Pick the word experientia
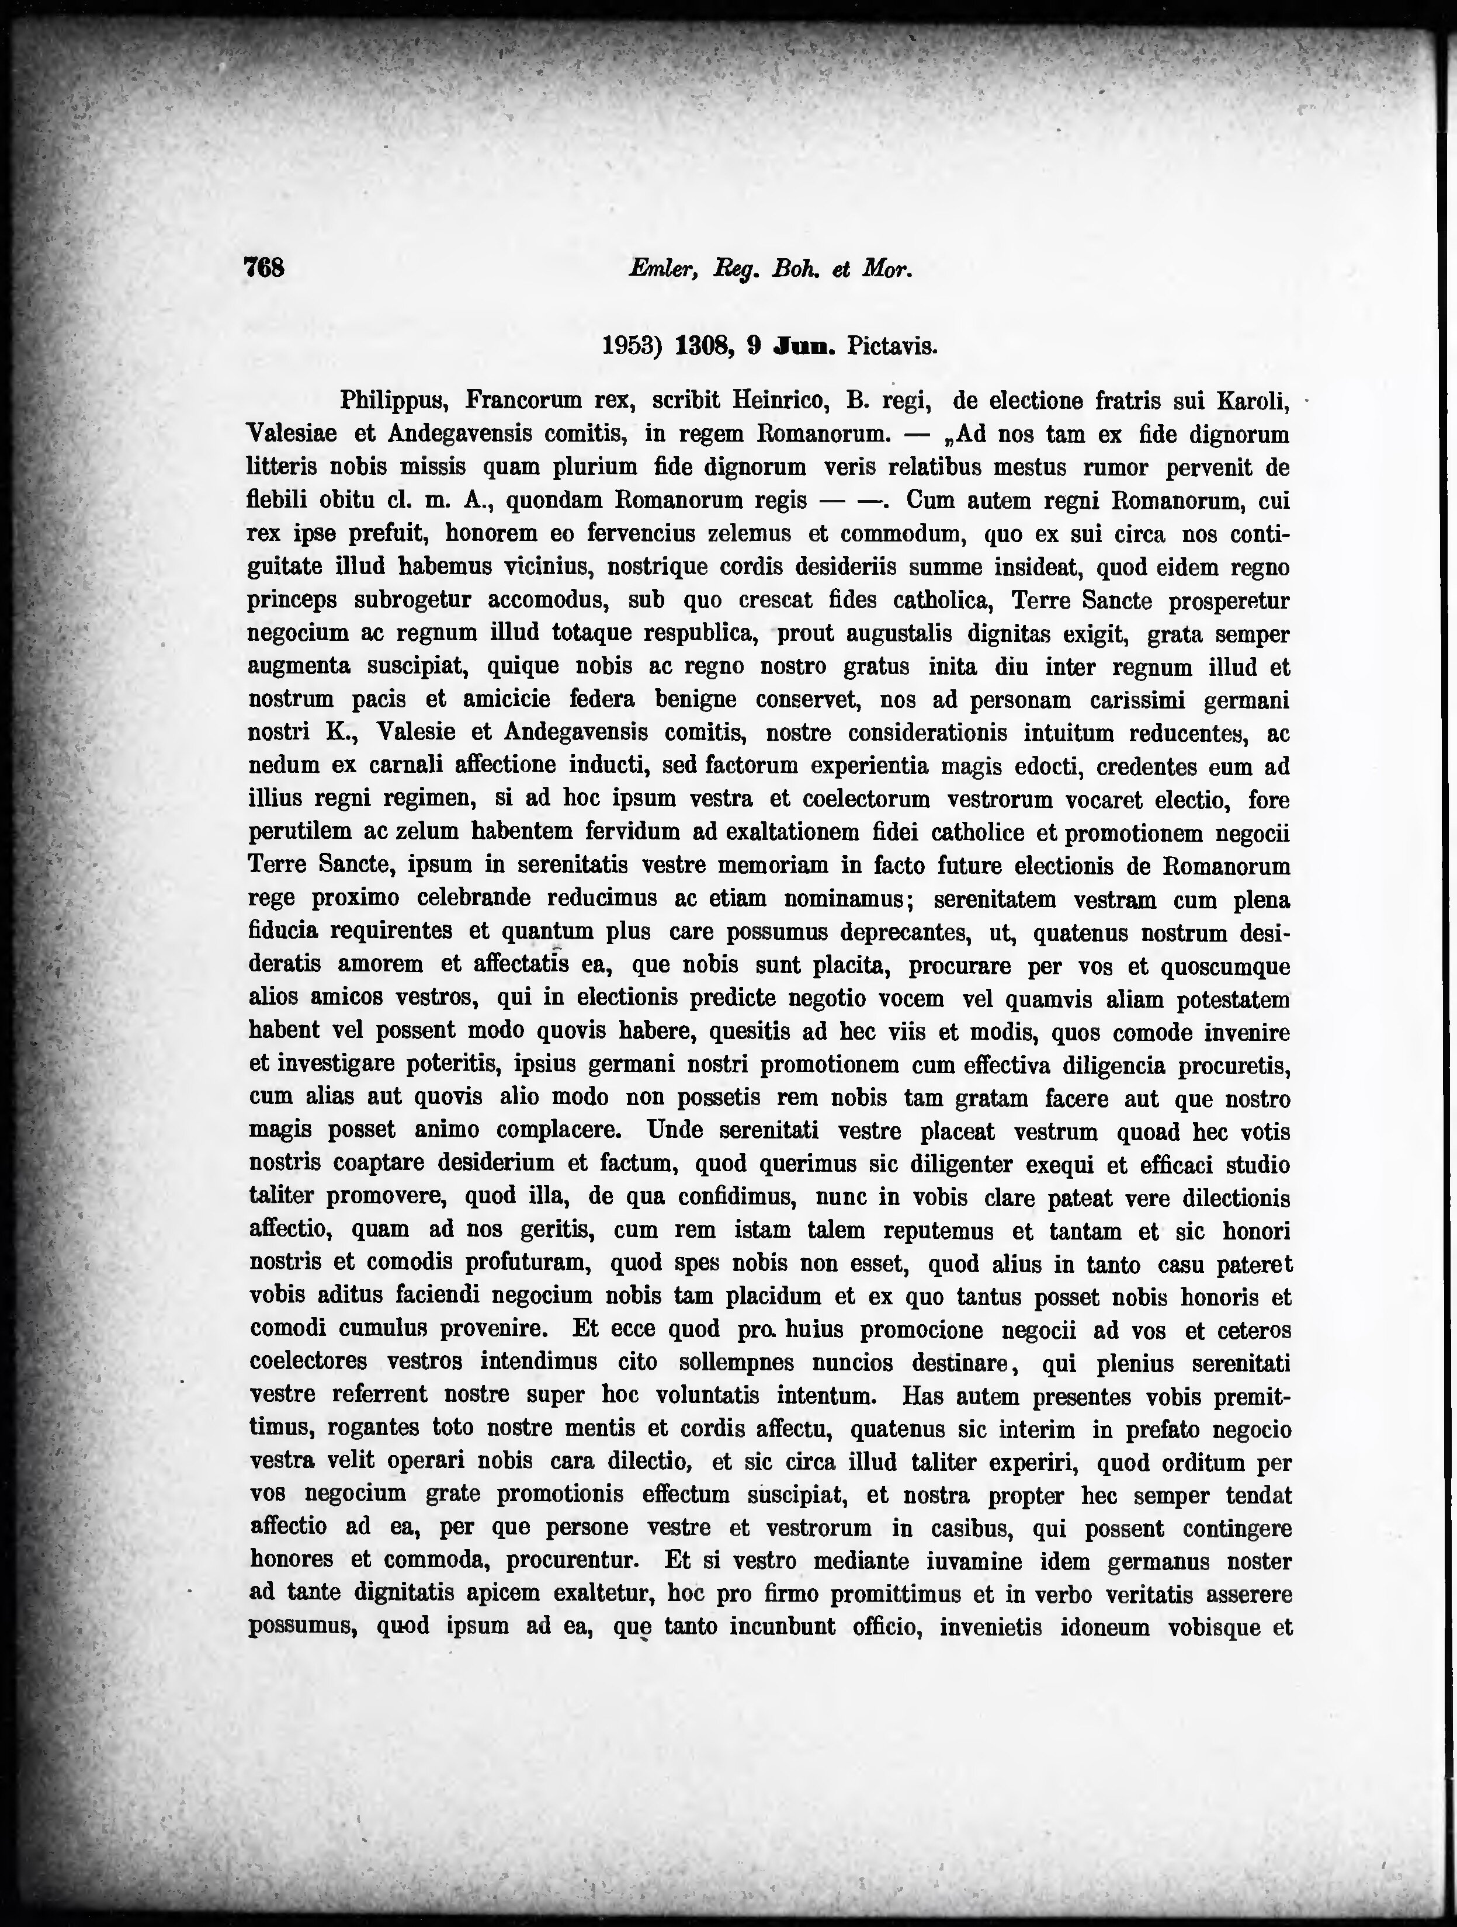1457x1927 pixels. click(x=872, y=766)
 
